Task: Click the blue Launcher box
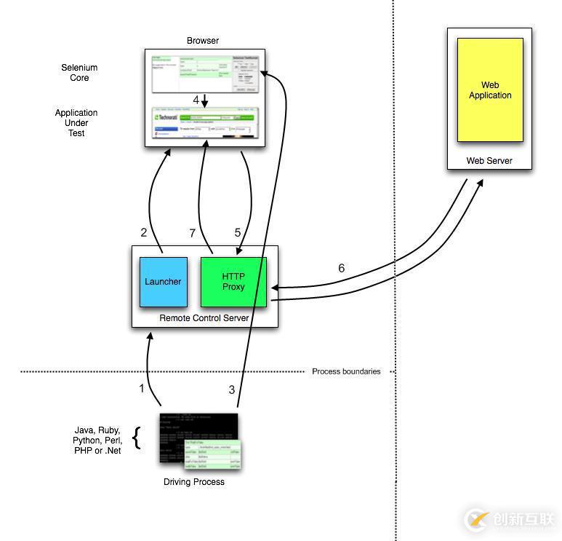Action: pyautogui.click(x=163, y=282)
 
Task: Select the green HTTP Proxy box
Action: pyautogui.click(x=233, y=282)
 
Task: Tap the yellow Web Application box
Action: pyautogui.click(x=489, y=90)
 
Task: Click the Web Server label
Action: pyautogui.click(x=489, y=161)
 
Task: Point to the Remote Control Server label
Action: pyautogui.click(x=204, y=318)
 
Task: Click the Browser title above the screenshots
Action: pyautogui.click(x=203, y=41)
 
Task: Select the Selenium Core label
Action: pyautogui.click(x=79, y=73)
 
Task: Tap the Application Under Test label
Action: pyautogui.click(x=76, y=123)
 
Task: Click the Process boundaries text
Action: pyautogui.click(x=346, y=371)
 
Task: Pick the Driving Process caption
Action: pyautogui.click(x=194, y=482)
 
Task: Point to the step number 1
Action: pyautogui.click(x=142, y=389)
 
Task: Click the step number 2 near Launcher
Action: pyautogui.click(x=144, y=233)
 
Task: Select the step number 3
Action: pyautogui.click(x=232, y=390)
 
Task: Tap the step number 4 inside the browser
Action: pyautogui.click(x=196, y=100)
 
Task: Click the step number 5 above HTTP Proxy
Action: pyautogui.click(x=237, y=233)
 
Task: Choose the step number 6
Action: pyautogui.click(x=342, y=269)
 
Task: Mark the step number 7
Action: pyautogui.click(x=193, y=233)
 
